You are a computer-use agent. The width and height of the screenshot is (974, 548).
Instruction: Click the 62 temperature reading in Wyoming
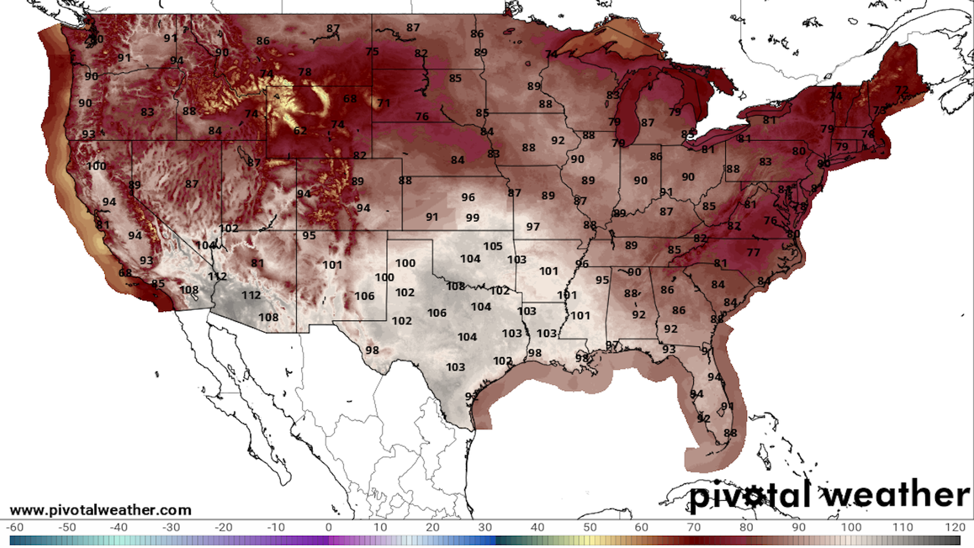pos(300,131)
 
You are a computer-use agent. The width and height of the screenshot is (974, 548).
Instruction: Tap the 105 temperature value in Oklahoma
pos(493,247)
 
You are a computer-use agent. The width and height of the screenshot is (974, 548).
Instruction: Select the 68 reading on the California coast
pos(125,273)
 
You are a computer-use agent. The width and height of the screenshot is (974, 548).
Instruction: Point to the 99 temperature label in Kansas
pos(472,218)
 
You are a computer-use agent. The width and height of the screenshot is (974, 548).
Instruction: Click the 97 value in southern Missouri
pos(533,227)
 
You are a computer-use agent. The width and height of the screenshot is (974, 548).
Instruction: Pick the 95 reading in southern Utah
pos(309,235)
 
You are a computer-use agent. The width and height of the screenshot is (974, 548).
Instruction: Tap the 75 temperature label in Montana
pos(372,52)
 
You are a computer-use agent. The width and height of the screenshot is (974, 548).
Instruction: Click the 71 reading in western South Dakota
pos(384,104)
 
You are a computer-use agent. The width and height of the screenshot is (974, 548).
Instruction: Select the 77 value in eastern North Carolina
pos(753,253)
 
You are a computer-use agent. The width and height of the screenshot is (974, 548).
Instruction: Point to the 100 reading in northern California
pos(96,166)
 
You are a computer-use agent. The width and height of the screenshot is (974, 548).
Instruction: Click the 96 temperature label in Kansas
pos(468,197)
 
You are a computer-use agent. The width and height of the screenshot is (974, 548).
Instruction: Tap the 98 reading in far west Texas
pos(372,350)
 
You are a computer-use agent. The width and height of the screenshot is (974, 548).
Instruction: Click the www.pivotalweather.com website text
pos(100,510)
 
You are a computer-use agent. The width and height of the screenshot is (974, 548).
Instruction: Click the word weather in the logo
pos(896,495)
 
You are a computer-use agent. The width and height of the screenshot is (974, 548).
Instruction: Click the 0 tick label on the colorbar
pos(328,527)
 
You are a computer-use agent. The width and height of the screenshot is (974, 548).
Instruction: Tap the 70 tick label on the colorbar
pos(693,527)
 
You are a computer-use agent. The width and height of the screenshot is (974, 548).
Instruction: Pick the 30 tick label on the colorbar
pos(484,527)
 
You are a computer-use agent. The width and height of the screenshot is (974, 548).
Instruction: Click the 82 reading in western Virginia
pos(734,226)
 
